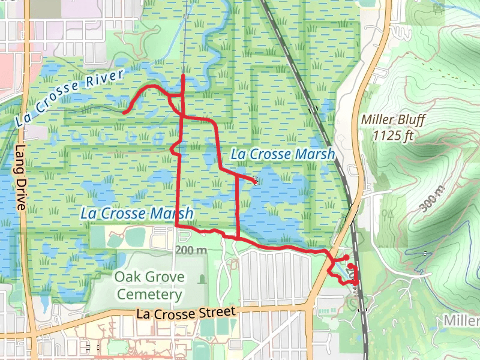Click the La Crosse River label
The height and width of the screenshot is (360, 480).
(71, 97)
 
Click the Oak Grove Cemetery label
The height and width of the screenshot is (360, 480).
(149, 286)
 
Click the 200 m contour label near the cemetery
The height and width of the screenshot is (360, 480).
(191, 249)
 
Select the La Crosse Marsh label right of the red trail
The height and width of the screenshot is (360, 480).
(282, 154)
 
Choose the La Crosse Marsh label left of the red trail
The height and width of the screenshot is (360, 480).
(137, 213)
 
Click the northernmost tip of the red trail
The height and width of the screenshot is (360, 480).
(183, 77)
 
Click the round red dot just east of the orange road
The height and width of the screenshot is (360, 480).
(346, 258)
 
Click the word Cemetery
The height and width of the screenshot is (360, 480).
(149, 295)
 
